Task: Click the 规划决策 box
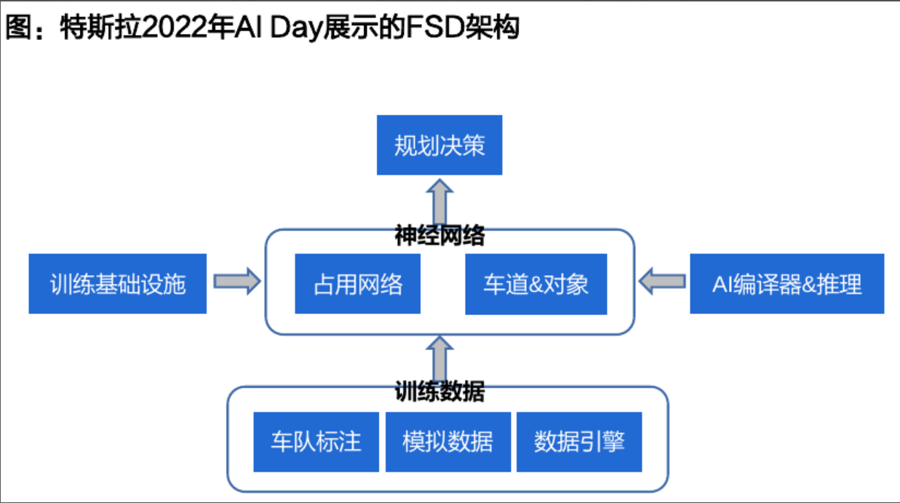coord(439,145)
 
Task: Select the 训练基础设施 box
coord(118,283)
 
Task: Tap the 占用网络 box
coord(357,283)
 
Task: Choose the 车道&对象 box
coord(535,283)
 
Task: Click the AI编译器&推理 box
coord(786,283)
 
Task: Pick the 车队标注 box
coord(316,441)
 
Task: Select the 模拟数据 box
coord(447,441)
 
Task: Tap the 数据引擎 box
coord(579,441)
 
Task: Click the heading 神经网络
coord(439,236)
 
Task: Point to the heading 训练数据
coord(439,392)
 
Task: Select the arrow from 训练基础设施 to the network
coord(237,281)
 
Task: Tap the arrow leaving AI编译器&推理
coord(662,281)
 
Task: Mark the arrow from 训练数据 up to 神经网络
coord(439,357)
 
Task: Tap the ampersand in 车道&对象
coord(535,284)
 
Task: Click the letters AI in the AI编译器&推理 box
coord(721,284)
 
